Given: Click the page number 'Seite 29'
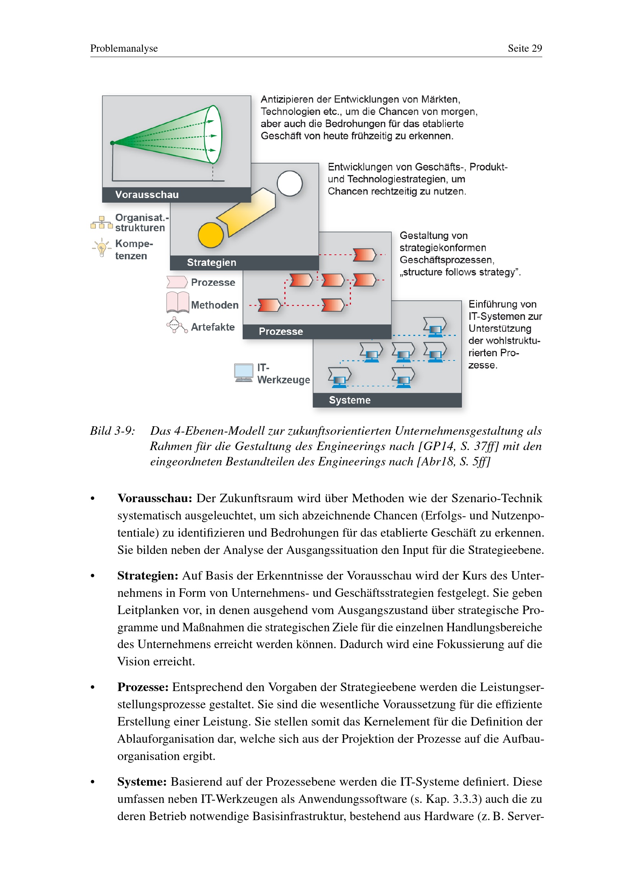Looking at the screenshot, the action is pyautogui.click(x=525, y=48).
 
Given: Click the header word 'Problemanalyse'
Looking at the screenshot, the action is pyautogui.click(x=124, y=48).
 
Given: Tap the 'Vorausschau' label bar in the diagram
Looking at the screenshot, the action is pyautogui.click(x=176, y=195).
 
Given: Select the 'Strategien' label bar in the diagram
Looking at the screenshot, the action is pyautogui.click(x=245, y=263).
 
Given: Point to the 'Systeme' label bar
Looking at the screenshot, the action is pyautogui.click(x=387, y=400).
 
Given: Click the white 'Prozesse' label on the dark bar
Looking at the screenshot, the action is pyautogui.click(x=281, y=331).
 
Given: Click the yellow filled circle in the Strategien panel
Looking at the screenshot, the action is pyautogui.click(x=210, y=235).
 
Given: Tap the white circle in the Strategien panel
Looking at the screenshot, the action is pyautogui.click(x=290, y=183).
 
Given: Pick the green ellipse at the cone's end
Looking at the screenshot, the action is pyautogui.click(x=213, y=134).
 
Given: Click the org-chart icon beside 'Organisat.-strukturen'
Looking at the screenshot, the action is pyautogui.click(x=101, y=223).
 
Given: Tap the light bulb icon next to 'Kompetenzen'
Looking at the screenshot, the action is pyautogui.click(x=102, y=247).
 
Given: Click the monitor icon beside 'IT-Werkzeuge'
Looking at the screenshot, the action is pyautogui.click(x=244, y=373).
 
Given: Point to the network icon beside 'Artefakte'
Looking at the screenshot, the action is pyautogui.click(x=177, y=325).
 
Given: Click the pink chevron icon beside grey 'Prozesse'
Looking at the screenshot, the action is pyautogui.click(x=177, y=282).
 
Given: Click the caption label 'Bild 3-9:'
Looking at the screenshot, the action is pyautogui.click(x=113, y=431).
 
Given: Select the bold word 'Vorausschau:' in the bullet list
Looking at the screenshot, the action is pyautogui.click(x=155, y=498).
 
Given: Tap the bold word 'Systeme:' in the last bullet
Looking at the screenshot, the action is pyautogui.click(x=142, y=782).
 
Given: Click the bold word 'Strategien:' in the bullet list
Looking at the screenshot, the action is pyautogui.click(x=148, y=576).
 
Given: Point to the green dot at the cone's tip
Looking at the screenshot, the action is pyautogui.click(x=112, y=143).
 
